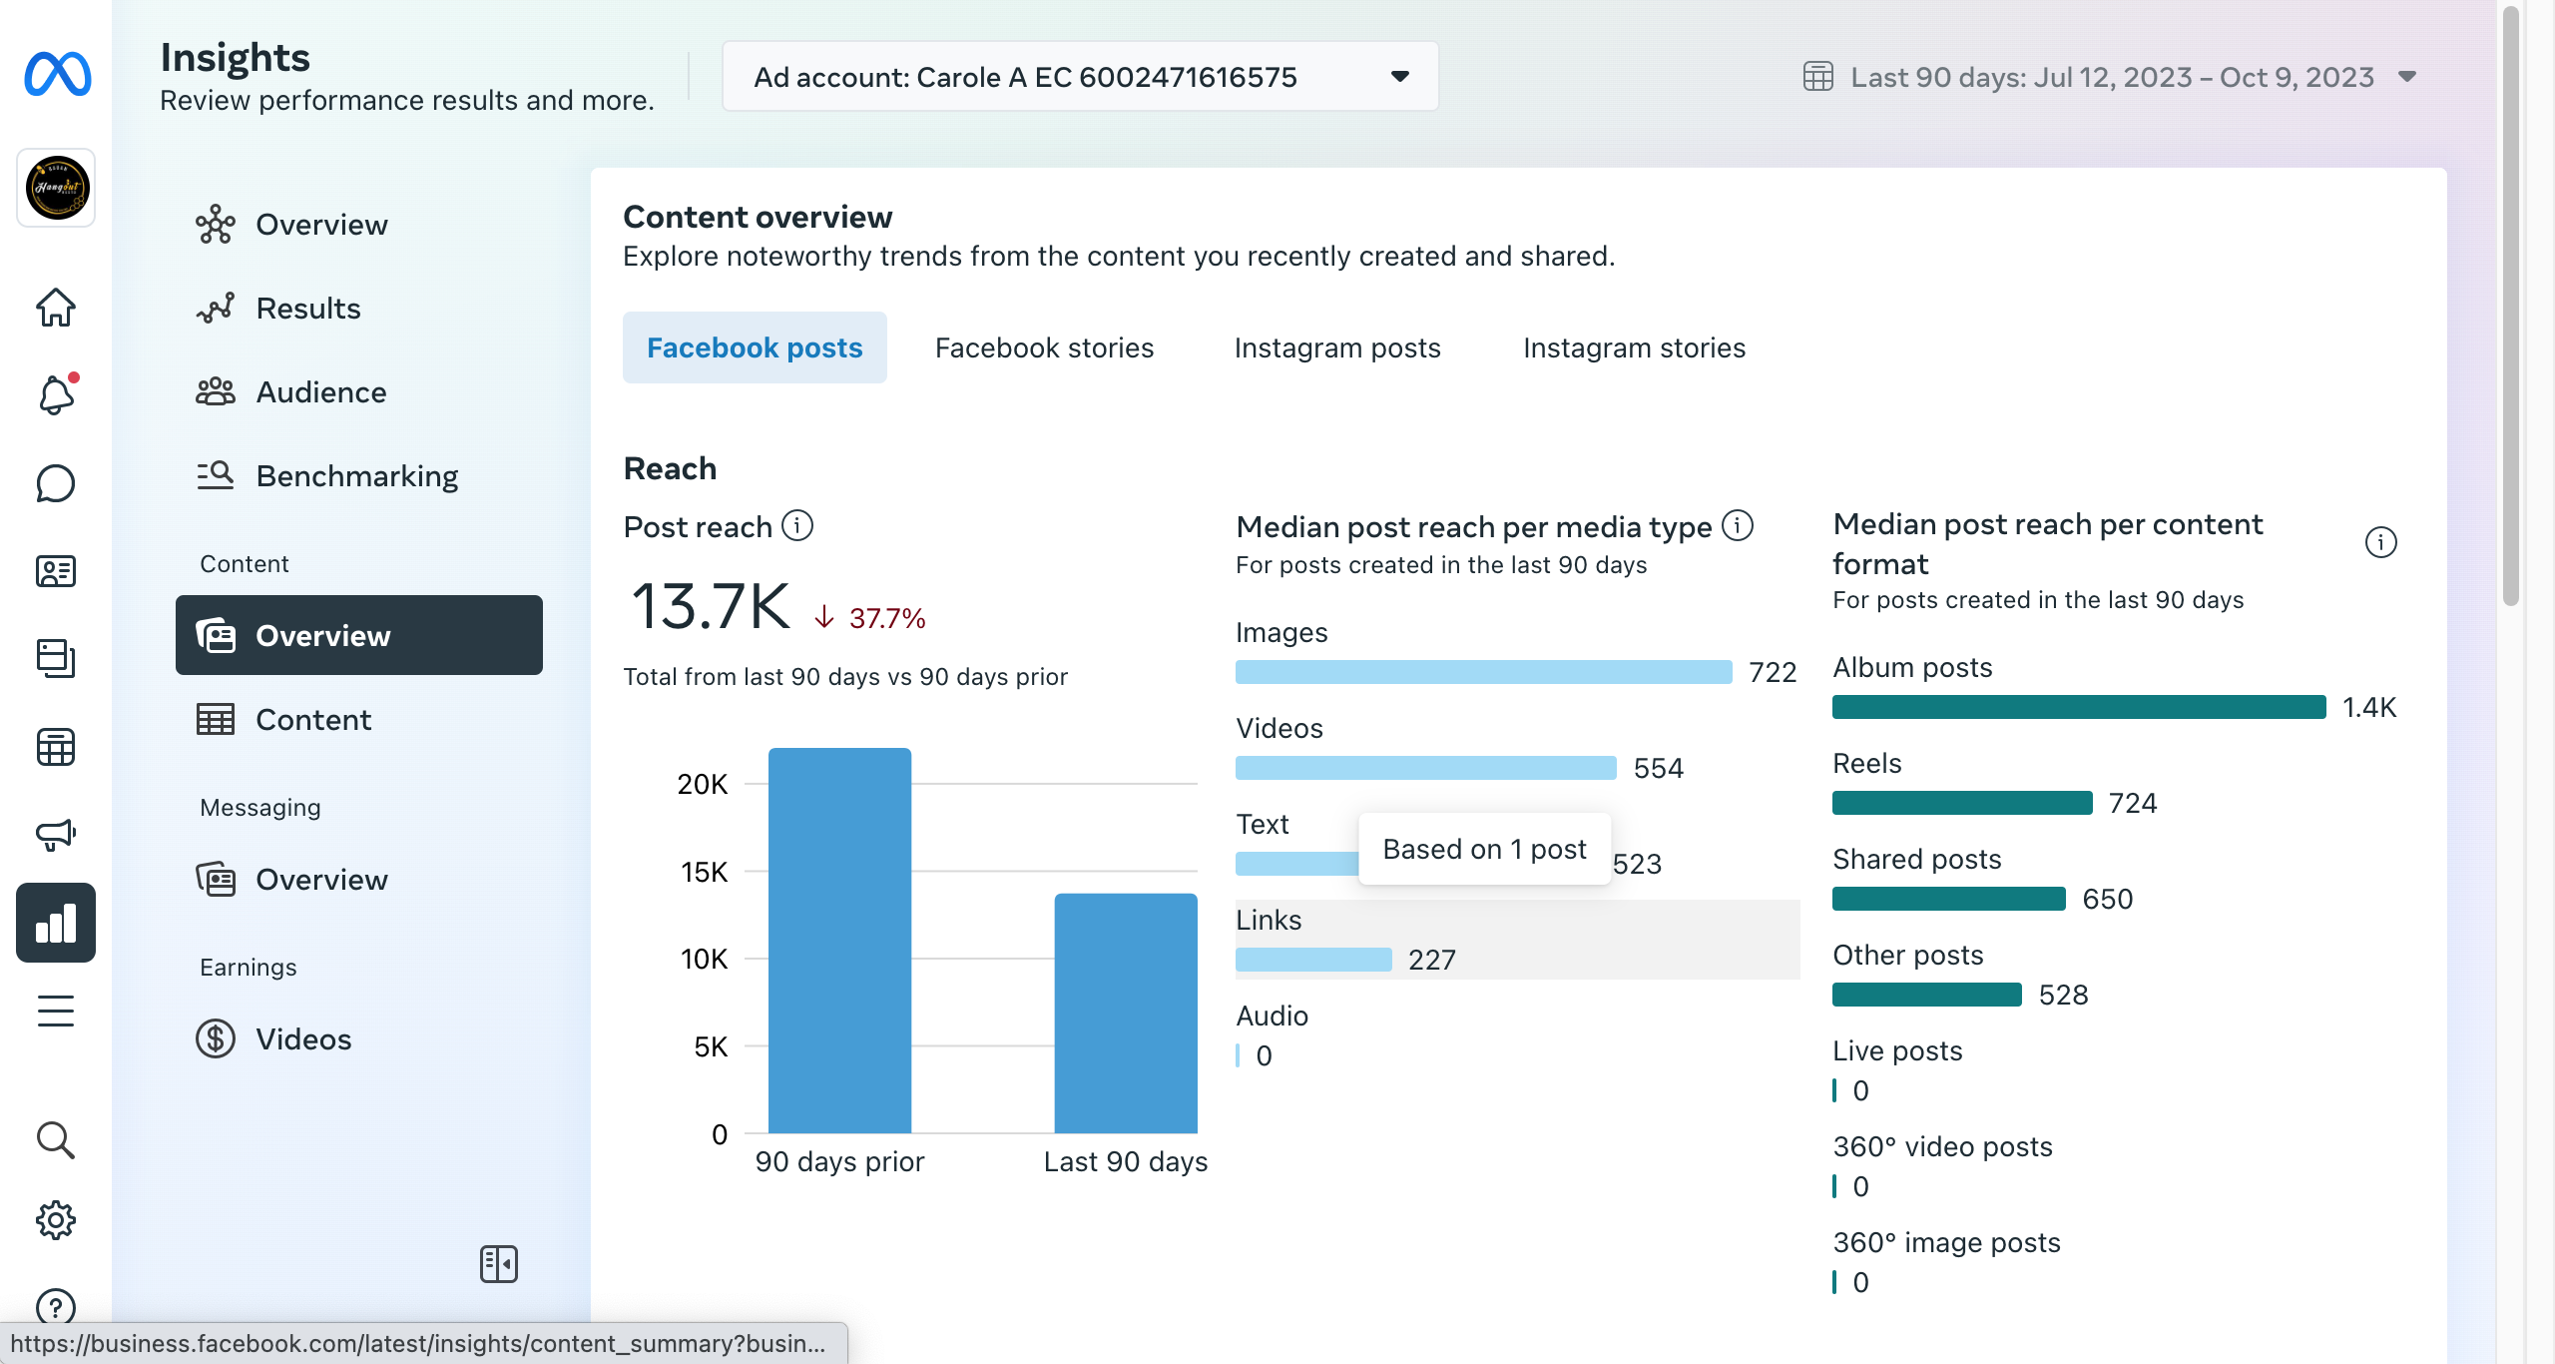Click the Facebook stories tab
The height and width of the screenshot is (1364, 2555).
pyautogui.click(x=1044, y=347)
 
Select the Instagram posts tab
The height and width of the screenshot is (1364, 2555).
pyautogui.click(x=1337, y=347)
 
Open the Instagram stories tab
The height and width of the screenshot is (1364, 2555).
pyautogui.click(x=1634, y=347)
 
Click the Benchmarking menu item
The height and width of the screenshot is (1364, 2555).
pyautogui.click(x=357, y=476)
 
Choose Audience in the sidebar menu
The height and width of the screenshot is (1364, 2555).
pyautogui.click(x=321, y=392)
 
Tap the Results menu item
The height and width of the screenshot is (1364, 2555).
pyautogui.click(x=308, y=309)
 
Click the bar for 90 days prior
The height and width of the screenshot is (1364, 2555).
pyautogui.click(x=839, y=941)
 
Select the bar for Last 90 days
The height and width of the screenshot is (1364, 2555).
pyautogui.click(x=1126, y=1014)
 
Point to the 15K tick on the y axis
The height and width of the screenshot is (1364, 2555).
pyautogui.click(x=705, y=872)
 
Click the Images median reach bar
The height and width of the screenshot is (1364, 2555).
pyautogui.click(x=1483, y=672)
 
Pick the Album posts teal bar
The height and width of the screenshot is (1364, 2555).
pyautogui.click(x=2079, y=707)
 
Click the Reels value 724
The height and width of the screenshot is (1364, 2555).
pyautogui.click(x=2133, y=803)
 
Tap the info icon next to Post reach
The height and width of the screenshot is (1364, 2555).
pyautogui.click(x=797, y=525)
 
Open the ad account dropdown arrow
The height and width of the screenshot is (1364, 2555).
pyautogui.click(x=1400, y=76)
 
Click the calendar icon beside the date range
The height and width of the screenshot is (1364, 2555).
pyautogui.click(x=1818, y=76)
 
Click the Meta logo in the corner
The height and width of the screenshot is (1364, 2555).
pyautogui.click(x=57, y=74)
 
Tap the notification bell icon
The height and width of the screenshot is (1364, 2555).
pyautogui.click(x=57, y=395)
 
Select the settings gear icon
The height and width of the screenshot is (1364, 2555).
pyautogui.click(x=56, y=1220)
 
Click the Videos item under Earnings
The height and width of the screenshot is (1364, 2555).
pyautogui.click(x=303, y=1039)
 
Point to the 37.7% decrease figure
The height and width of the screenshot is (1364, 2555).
pyautogui.click(x=887, y=618)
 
